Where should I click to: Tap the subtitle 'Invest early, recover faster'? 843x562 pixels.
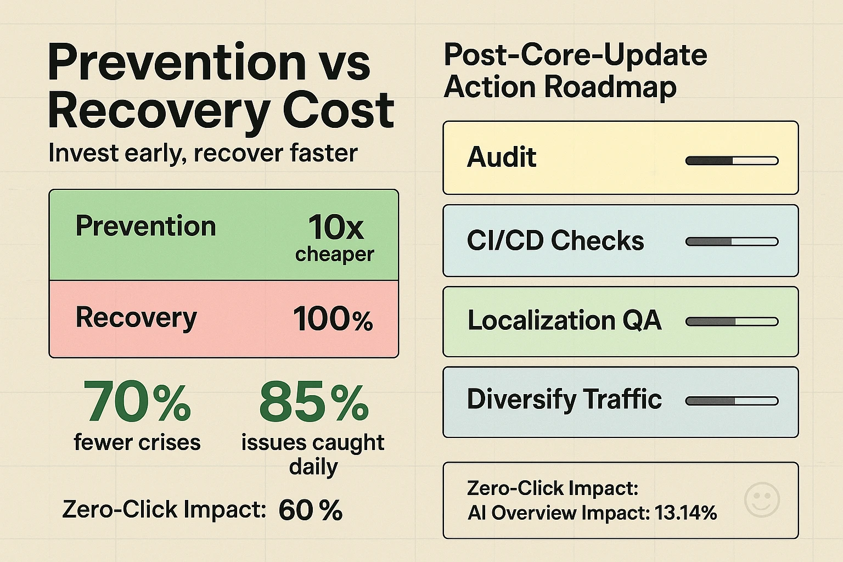point(203,153)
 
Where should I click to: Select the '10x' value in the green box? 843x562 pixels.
point(335,227)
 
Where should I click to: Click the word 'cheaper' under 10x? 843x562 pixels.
point(334,254)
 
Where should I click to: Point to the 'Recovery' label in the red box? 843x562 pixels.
point(136,318)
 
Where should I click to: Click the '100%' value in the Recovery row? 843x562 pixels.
point(333,319)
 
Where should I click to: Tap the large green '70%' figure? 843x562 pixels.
point(137,402)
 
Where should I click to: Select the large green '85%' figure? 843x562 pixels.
point(313,402)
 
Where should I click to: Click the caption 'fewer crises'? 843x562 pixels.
point(137,442)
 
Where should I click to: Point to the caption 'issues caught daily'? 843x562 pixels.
point(313,454)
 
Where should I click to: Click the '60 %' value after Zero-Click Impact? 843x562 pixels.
point(310,510)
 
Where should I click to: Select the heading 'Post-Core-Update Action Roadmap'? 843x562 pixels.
point(575,71)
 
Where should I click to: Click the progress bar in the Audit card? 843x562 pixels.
point(732,161)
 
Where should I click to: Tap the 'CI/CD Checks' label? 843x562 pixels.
point(555,241)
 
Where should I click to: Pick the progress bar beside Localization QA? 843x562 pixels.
point(732,322)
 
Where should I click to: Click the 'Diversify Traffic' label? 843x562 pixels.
point(564,399)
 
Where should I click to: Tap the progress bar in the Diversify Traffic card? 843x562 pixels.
point(732,401)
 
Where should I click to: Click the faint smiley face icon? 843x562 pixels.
point(762,499)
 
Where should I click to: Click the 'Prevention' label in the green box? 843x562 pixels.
point(145,226)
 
